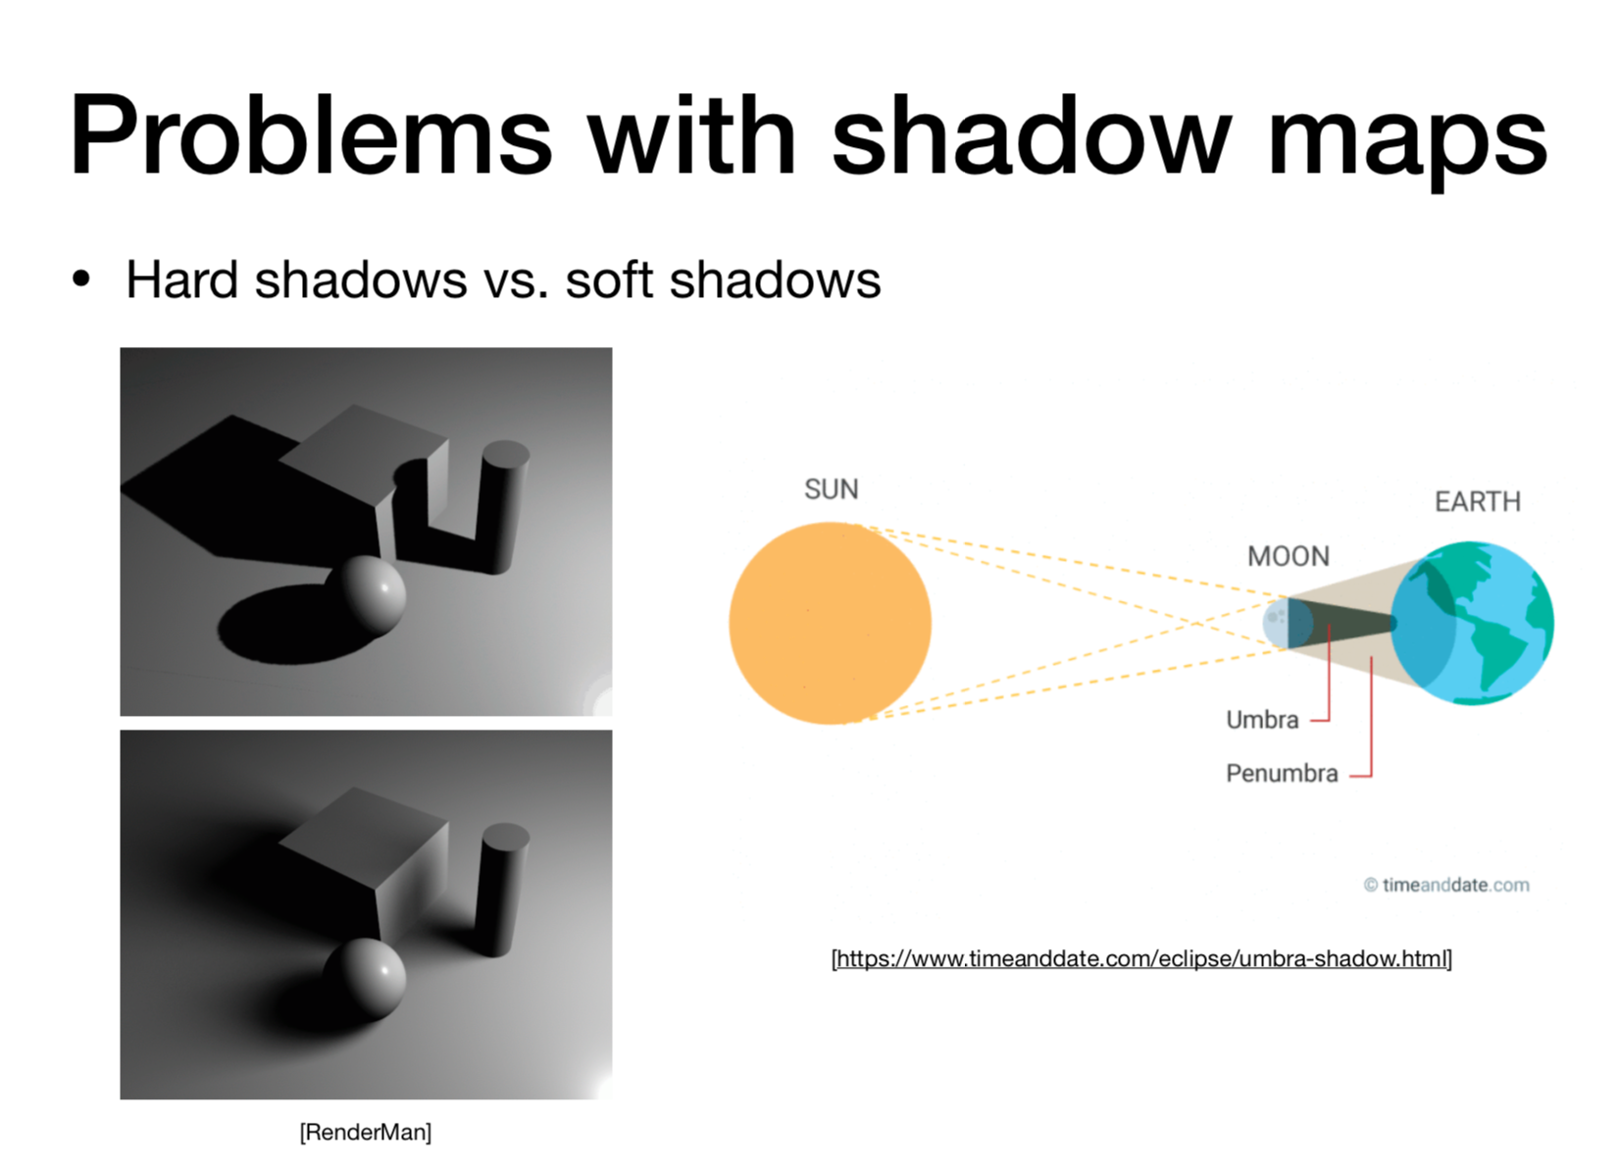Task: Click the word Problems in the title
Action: coord(311,135)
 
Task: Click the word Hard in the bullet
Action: coord(181,279)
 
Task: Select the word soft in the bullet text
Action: coord(609,279)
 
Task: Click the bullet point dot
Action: coord(81,280)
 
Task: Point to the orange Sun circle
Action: coord(830,623)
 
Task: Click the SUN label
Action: coord(832,489)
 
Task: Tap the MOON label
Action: coord(1289,556)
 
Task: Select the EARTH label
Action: coord(1478,501)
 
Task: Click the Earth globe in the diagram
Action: coord(1472,623)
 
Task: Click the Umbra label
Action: coord(1263,720)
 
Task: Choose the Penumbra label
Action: coord(1282,774)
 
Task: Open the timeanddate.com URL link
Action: coord(1141,958)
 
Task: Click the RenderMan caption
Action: coord(366,1132)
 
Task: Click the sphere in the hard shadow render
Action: coord(365,593)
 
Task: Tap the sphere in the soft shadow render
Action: coord(365,978)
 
